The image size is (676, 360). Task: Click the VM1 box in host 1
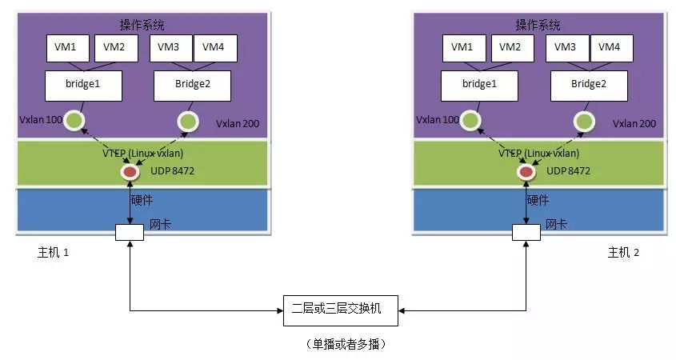coord(66,47)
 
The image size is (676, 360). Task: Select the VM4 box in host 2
coord(610,47)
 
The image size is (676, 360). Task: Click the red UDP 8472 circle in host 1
coord(130,172)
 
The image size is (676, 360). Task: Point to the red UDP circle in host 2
coord(526,172)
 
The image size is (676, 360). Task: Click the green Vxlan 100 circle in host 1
coord(74,122)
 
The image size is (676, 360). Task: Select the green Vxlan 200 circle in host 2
coord(585,122)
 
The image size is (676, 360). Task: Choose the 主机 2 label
coord(623,253)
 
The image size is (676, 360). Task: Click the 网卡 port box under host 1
coord(129,232)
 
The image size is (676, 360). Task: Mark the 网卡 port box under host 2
coord(526,232)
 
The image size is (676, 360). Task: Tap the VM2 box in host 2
coord(510,47)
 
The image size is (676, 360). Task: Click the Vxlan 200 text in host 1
coord(238,124)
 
